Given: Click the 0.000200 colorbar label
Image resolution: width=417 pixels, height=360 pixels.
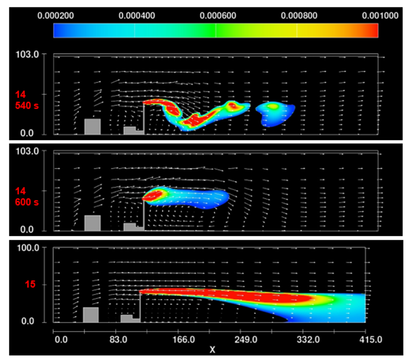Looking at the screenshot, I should pyautogui.click(x=56, y=16).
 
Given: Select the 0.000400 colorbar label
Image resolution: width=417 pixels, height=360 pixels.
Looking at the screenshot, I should pyautogui.click(x=137, y=16).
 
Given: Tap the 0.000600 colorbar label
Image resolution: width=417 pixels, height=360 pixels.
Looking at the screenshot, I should pyautogui.click(x=218, y=16).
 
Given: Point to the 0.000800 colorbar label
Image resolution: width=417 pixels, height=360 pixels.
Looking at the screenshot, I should pyautogui.click(x=299, y=16).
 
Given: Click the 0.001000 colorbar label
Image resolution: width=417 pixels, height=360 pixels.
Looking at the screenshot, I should pyautogui.click(x=379, y=16).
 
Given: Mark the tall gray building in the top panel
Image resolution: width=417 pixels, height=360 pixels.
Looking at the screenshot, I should pyautogui.click(x=92, y=126).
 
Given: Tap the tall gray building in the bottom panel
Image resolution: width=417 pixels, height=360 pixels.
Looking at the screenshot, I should pyautogui.click(x=91, y=315).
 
